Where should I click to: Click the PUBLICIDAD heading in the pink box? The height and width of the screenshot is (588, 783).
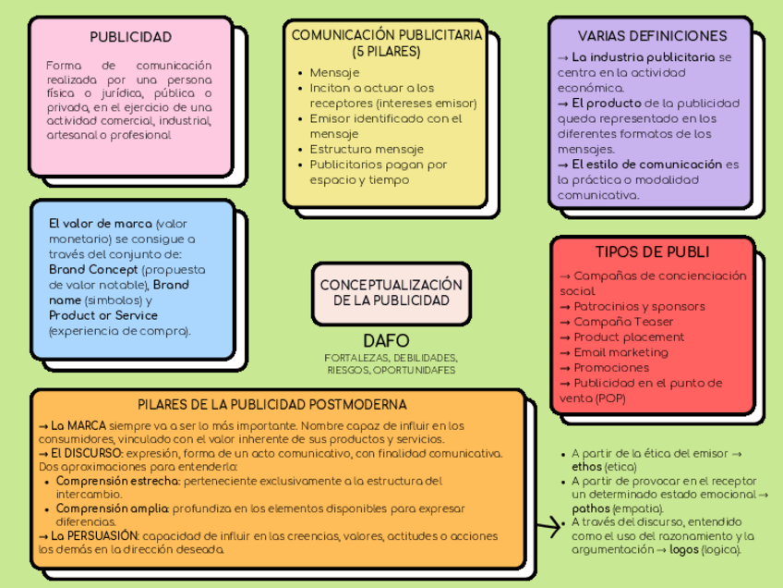click(x=130, y=37)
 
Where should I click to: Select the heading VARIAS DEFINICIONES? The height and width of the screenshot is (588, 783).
click(x=652, y=36)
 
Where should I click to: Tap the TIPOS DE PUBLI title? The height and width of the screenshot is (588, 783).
click(x=652, y=252)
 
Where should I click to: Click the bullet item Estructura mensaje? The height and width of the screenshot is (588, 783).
click(x=367, y=149)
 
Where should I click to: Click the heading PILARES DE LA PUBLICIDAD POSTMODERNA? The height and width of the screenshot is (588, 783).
click(x=272, y=404)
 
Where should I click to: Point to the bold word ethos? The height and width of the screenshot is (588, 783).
click(x=587, y=468)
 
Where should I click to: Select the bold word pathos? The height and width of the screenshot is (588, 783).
click(x=592, y=508)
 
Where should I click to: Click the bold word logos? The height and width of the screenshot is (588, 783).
click(x=684, y=549)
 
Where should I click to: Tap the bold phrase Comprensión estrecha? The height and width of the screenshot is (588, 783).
click(x=117, y=481)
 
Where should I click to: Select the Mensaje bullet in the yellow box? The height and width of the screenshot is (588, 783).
click(x=334, y=72)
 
